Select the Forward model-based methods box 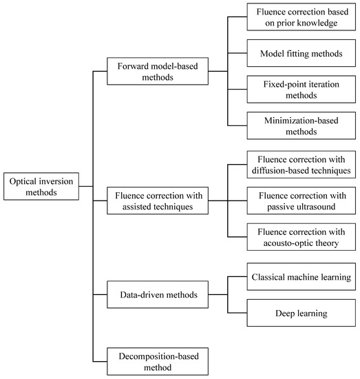tap(158, 70)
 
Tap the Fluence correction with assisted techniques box tap(158, 201)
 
